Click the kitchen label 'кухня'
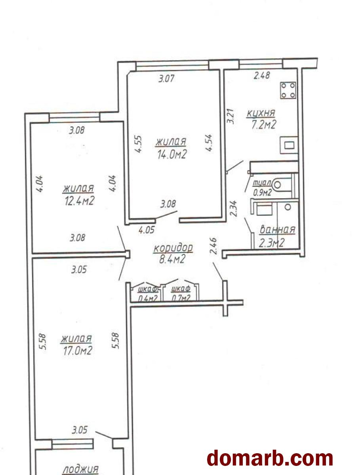pyautogui.click(x=261, y=113)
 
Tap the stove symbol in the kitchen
pyautogui.click(x=288, y=90)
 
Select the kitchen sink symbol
pyautogui.click(x=289, y=145)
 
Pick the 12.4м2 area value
pyautogui.click(x=79, y=201)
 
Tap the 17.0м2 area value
pyautogui.click(x=77, y=350)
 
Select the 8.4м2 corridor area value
pyautogui.click(x=172, y=259)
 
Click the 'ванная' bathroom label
pyautogui.click(x=277, y=229)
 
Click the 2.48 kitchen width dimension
pyautogui.click(x=262, y=75)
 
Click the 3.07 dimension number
pyautogui.click(x=166, y=78)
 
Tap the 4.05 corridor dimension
pyautogui.click(x=147, y=230)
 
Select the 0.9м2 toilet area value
pyautogui.click(x=262, y=192)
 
